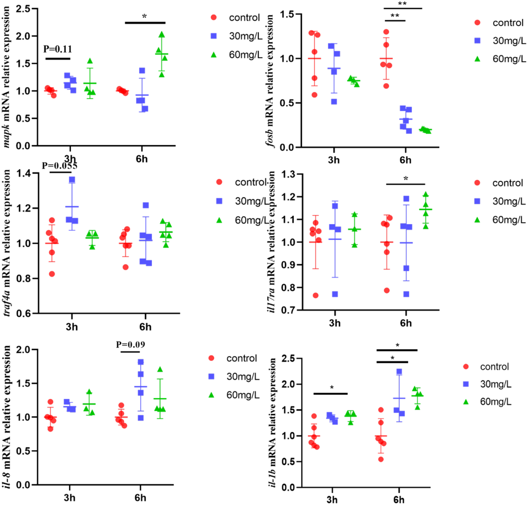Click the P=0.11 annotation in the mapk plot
[x=57, y=49]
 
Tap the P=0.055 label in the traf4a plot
[x=59, y=166]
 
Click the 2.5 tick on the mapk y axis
[x=23, y=9]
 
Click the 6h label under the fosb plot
[x=405, y=160]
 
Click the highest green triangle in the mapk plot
[x=161, y=34]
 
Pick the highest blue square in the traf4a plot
[x=72, y=180]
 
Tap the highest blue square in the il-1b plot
[x=399, y=371]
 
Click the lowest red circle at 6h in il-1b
[x=381, y=459]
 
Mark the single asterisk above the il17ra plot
[x=405, y=178]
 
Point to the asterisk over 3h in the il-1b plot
[x=332, y=387]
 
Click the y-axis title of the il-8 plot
[x=7, y=417]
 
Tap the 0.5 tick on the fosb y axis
[x=287, y=103]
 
